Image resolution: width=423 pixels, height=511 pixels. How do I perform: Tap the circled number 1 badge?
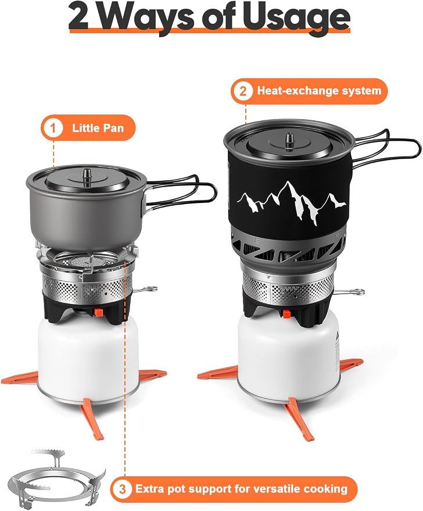coord(53,128)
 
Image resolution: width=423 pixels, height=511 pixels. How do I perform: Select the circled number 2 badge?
coord(243,91)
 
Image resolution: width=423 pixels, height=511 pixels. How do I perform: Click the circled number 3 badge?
coord(122,489)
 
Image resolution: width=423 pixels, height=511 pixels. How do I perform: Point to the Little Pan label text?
coord(98,128)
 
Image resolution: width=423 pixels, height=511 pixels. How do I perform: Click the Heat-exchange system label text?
coord(319,91)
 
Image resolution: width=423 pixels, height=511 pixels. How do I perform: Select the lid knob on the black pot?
coord(289,141)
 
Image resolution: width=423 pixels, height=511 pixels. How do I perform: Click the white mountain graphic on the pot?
coord(292,202)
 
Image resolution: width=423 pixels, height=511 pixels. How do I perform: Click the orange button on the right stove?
coord(286,314)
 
